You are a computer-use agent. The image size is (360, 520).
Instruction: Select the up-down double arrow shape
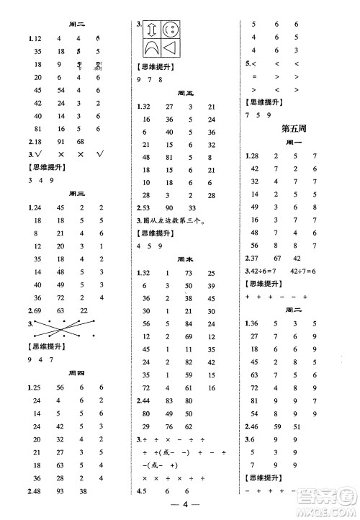click(152, 32)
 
